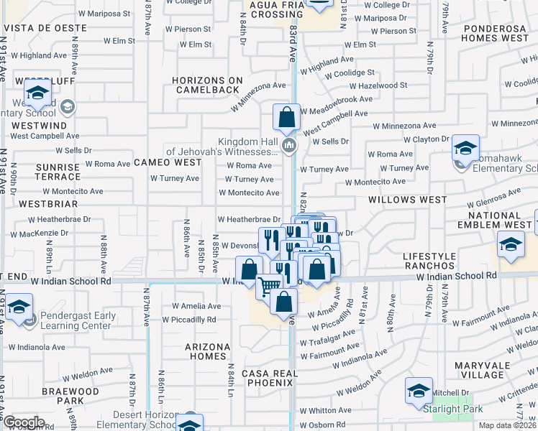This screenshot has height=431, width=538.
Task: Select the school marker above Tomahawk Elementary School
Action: click(x=465, y=149)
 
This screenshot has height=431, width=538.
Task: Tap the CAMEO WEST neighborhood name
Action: click(x=168, y=163)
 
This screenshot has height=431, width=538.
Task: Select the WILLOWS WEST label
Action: click(x=407, y=200)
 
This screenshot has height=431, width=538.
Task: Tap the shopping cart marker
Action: click(x=269, y=285)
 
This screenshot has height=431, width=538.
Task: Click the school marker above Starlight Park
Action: click(x=419, y=390)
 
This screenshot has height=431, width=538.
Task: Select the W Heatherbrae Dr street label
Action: click(x=248, y=219)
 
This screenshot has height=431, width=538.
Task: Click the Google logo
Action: click(x=24, y=422)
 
